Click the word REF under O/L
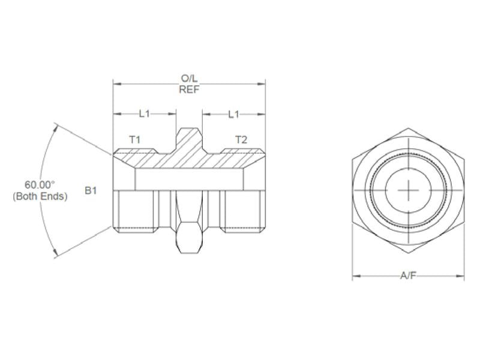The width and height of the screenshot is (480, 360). tap(190, 89)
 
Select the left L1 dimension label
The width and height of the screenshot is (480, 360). tap(145, 113)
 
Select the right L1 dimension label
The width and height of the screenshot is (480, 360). tap(233, 113)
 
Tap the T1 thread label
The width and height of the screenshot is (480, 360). tap(136, 139)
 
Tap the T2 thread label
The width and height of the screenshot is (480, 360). tap(241, 139)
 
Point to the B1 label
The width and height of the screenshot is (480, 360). tap(91, 191)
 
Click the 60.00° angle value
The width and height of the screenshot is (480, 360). tap(40, 185)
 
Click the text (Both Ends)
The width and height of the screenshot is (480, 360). tap(40, 196)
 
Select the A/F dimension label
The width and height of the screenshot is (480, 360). tap(408, 276)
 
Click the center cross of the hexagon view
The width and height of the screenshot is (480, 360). tap(408, 191)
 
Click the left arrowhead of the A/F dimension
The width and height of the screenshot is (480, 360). tap(355, 277)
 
